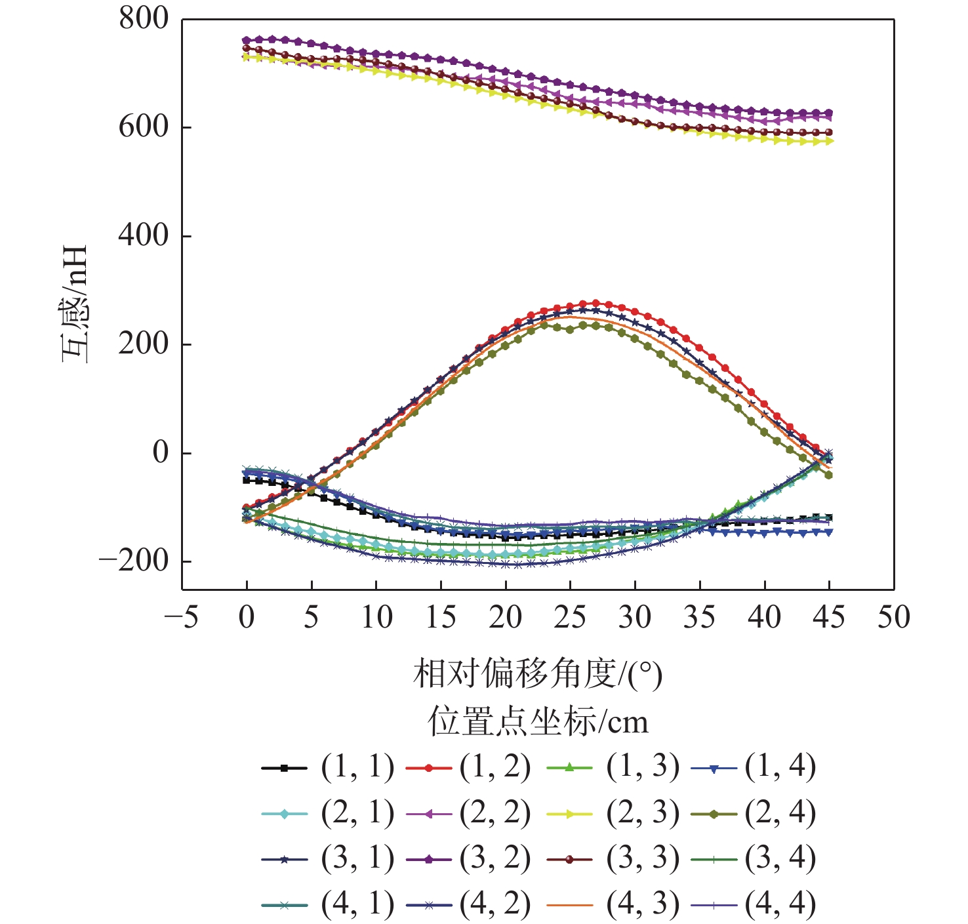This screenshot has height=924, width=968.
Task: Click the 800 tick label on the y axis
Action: (x=144, y=19)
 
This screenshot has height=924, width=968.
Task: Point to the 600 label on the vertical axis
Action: (x=144, y=127)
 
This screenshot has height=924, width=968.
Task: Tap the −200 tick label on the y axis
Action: (x=134, y=561)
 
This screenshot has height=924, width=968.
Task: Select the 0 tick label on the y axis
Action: (x=161, y=452)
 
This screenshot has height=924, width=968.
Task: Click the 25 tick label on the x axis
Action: (x=570, y=617)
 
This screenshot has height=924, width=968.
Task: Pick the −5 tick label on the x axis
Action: (x=182, y=617)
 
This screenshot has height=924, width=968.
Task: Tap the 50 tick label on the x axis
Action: (x=894, y=617)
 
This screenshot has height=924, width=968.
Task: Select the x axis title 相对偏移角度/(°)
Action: (x=538, y=674)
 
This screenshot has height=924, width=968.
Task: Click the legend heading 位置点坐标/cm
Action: (x=538, y=721)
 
